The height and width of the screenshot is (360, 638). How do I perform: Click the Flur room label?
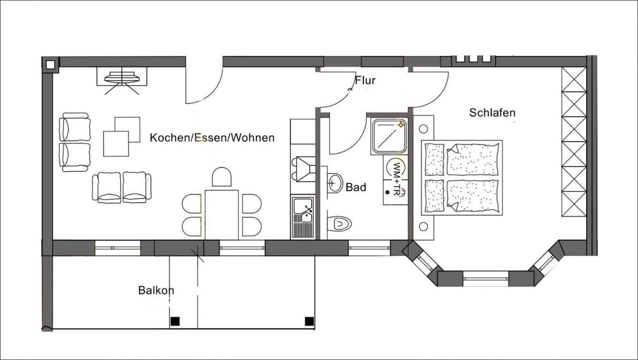(x=365, y=81)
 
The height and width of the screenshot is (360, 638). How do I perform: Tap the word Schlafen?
(x=492, y=113)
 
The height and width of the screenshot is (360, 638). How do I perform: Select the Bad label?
(x=356, y=188)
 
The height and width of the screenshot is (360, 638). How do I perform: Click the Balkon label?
(x=156, y=290)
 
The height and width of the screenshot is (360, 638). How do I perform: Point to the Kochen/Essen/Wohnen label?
(x=212, y=138)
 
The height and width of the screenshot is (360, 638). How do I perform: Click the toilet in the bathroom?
(x=340, y=224)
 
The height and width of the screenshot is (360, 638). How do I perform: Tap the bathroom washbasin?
(x=335, y=182)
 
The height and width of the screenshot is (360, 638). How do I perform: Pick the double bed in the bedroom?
(x=462, y=178)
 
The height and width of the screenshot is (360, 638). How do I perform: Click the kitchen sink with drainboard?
(x=302, y=217)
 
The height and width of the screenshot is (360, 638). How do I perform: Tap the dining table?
(x=222, y=214)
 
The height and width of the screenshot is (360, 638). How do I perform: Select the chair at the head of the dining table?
(x=222, y=177)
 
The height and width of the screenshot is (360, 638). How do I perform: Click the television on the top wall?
(x=122, y=78)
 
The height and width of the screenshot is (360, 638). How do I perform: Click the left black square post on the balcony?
(x=175, y=321)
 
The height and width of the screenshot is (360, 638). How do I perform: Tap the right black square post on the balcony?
(x=309, y=321)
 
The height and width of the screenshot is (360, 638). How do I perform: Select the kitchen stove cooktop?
(x=303, y=169)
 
